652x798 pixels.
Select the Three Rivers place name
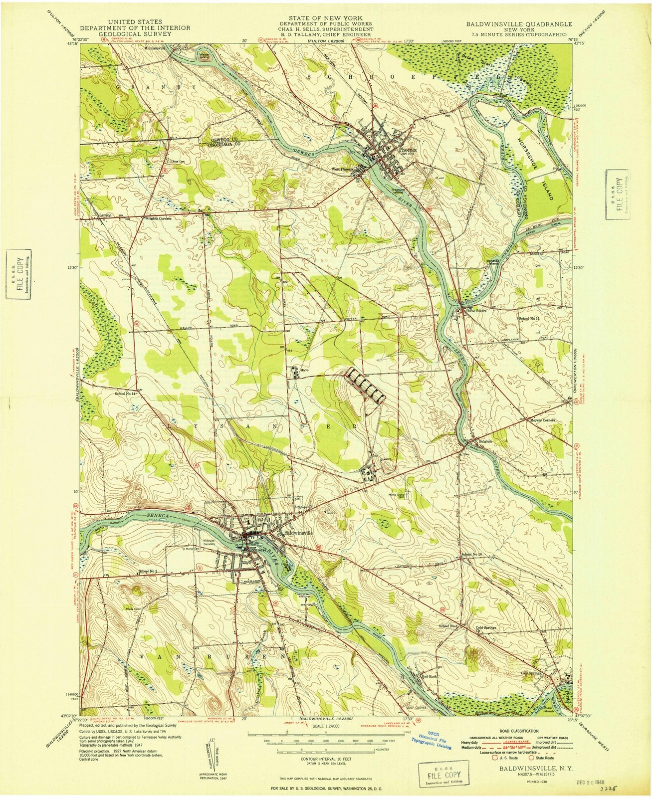(476, 311)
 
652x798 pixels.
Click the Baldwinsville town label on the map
(298, 532)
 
